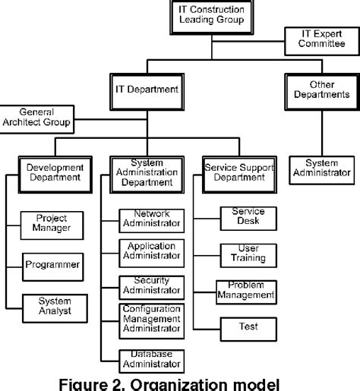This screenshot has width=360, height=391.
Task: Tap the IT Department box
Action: tap(147, 89)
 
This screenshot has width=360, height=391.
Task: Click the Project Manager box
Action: tap(52, 223)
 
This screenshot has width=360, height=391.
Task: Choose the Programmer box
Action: tap(52, 265)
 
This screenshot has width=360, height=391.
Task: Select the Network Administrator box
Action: tap(152, 219)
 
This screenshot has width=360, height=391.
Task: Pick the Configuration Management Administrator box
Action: tap(152, 319)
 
